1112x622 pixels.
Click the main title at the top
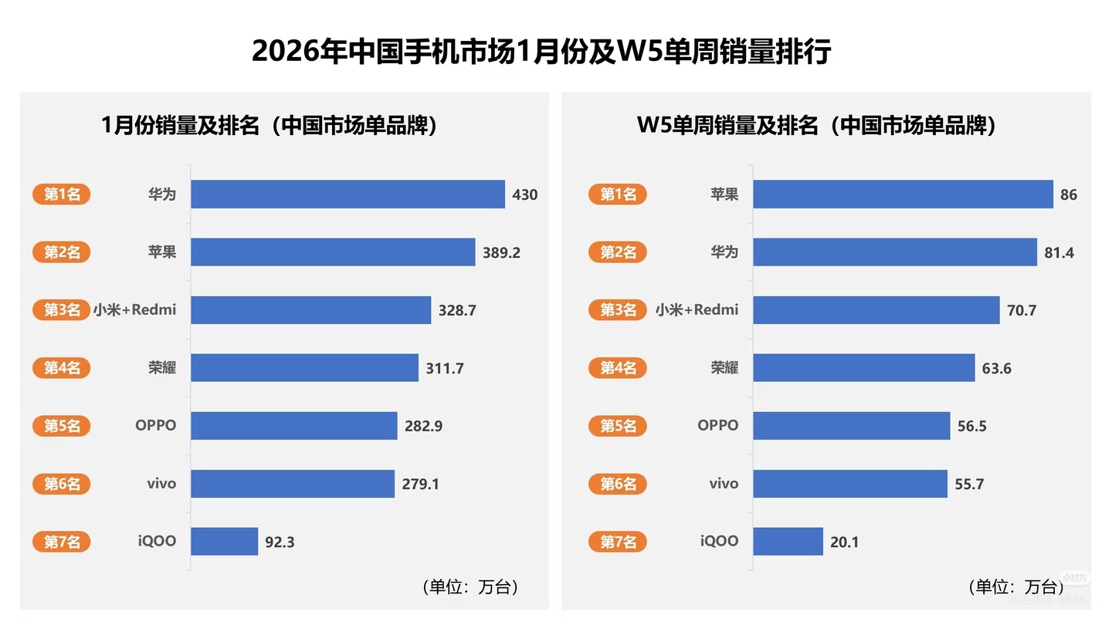click(x=541, y=52)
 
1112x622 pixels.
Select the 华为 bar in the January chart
click(x=347, y=194)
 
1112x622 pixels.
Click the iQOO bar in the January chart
click(x=224, y=542)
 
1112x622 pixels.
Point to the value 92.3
click(x=280, y=543)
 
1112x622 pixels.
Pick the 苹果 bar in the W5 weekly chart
click(x=903, y=194)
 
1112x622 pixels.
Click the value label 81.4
click(x=1059, y=252)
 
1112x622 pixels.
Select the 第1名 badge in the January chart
click(x=62, y=194)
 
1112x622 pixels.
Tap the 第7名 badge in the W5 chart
click(x=618, y=542)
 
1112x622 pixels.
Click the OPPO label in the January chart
click(x=155, y=425)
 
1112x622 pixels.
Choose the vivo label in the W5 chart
click(x=724, y=484)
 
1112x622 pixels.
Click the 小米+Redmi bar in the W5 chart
click(x=876, y=310)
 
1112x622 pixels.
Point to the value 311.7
click(x=445, y=368)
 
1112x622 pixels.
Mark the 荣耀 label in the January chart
click(x=162, y=368)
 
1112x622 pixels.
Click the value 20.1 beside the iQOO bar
click(x=844, y=543)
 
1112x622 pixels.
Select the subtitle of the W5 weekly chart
click(x=816, y=126)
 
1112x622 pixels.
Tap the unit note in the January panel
click(x=470, y=587)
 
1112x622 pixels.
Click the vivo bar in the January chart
click(x=293, y=484)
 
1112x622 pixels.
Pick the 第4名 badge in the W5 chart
click(x=618, y=368)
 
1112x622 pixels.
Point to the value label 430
click(x=525, y=194)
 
